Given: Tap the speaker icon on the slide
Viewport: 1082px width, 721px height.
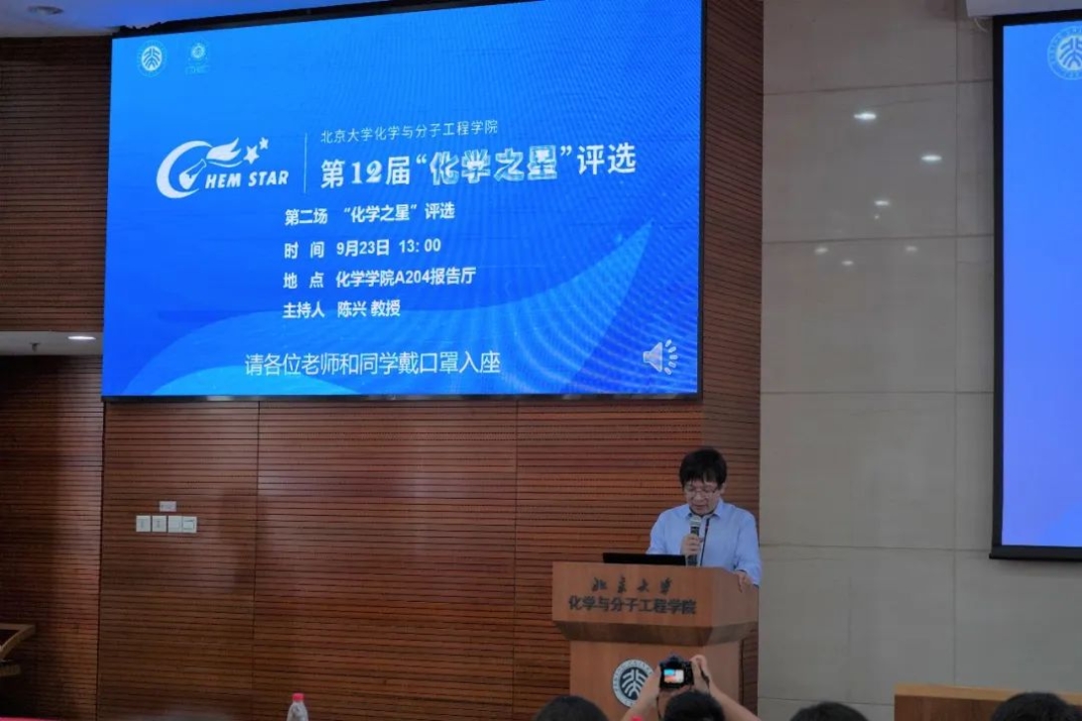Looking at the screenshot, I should [660, 357].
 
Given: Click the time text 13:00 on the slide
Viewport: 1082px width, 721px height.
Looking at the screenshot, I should [420, 246].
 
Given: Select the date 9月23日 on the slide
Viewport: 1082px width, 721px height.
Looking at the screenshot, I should [363, 247].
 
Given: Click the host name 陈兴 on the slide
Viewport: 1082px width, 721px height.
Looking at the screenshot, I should [351, 308].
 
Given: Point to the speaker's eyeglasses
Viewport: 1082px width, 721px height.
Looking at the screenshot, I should [700, 489].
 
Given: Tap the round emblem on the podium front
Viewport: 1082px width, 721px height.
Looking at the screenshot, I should [632, 681].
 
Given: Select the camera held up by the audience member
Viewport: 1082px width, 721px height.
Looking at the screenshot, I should [676, 673].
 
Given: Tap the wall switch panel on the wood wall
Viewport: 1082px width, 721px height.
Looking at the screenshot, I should [166, 523].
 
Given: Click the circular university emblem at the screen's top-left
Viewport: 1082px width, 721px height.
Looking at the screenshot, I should [151, 59].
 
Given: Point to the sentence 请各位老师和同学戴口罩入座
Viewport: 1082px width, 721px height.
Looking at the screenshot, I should [372, 363].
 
